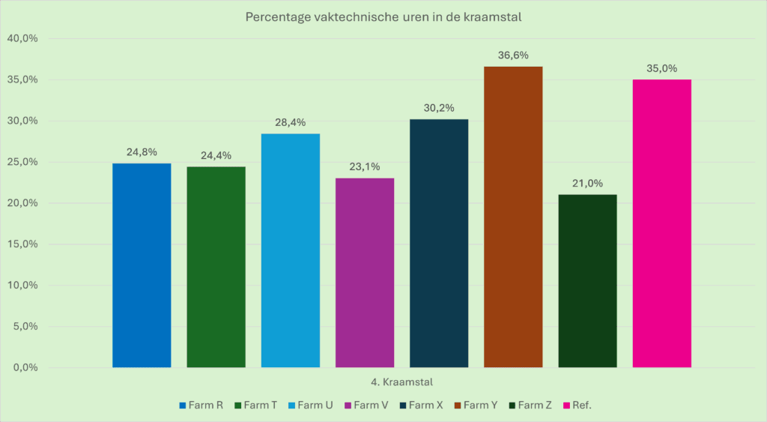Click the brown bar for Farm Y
[513, 217]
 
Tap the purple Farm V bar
[365, 273]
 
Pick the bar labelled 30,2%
[439, 244]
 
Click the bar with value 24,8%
[142, 265]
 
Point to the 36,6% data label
[513, 55]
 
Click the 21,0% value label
[587, 184]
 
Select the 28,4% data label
[291, 122]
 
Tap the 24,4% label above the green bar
[216, 156]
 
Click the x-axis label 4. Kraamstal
[401, 382]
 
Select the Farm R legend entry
[201, 406]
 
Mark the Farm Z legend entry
[530, 406]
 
